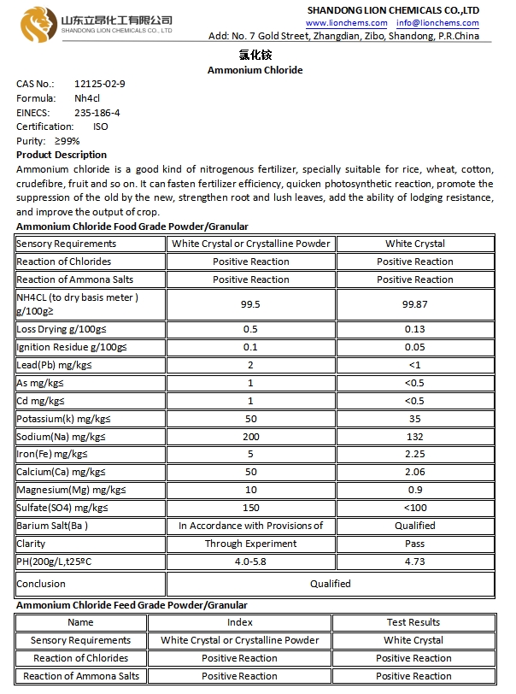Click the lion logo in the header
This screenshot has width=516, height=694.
39,21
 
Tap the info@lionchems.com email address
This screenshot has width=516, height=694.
437,23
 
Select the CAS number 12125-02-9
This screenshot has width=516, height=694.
100,84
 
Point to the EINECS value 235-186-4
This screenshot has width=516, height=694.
97,113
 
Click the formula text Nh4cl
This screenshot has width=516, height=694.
91,98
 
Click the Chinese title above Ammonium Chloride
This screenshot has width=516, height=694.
255,55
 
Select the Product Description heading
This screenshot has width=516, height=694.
62,156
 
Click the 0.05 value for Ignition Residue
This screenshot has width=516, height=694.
414,347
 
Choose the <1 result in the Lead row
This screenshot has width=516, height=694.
414,365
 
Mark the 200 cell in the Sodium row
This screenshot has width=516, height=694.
250,437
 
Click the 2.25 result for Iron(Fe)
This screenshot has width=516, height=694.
414,454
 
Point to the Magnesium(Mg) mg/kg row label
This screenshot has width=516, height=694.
71,490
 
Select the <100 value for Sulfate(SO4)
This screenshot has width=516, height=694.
414,508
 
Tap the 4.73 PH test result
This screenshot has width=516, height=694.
414,562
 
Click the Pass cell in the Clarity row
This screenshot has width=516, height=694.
414,544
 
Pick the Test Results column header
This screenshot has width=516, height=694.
413,622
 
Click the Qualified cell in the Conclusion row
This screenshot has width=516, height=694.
330,584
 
